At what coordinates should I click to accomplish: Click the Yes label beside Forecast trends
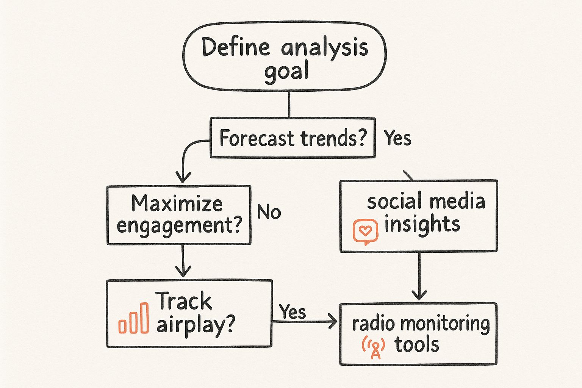coord(397,138)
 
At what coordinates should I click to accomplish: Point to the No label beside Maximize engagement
coord(269,212)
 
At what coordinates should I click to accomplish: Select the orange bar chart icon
coord(133,318)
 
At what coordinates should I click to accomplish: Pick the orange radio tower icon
coord(374,347)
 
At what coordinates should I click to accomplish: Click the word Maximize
coord(177,203)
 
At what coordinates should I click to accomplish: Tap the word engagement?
coord(179,225)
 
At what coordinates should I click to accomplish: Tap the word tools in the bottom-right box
coord(416,344)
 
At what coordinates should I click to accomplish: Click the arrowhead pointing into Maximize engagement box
coord(183,177)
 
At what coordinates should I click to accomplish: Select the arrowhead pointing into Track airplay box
coord(183,271)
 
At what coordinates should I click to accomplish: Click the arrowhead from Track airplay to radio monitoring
coord(333,321)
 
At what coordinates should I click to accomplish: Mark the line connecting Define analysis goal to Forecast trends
coord(289,105)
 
